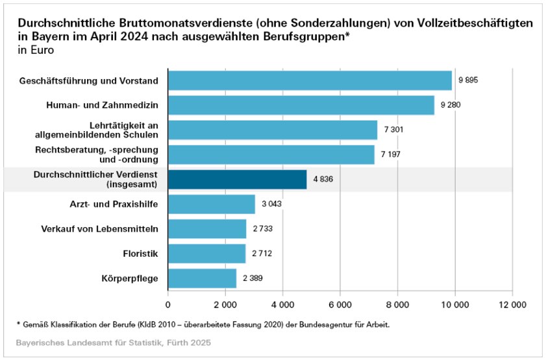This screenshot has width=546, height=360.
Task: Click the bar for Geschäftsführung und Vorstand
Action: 310,80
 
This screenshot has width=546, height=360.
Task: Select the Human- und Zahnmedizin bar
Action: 301,105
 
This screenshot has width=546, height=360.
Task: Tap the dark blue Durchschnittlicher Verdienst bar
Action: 237,180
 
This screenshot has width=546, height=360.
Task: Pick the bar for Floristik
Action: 206,254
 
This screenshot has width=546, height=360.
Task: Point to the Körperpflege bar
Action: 202,279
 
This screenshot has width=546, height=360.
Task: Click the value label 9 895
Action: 468,80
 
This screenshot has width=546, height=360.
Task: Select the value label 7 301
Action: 393,130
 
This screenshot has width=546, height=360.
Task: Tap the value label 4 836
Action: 323,180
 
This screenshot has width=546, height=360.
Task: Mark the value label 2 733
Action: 263,229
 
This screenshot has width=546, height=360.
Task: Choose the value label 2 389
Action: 253,279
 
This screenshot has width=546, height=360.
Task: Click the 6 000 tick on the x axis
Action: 340,303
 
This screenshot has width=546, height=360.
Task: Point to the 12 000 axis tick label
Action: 512,303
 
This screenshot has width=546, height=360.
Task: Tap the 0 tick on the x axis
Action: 168,303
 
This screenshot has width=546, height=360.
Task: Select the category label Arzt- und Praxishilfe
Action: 114,204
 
